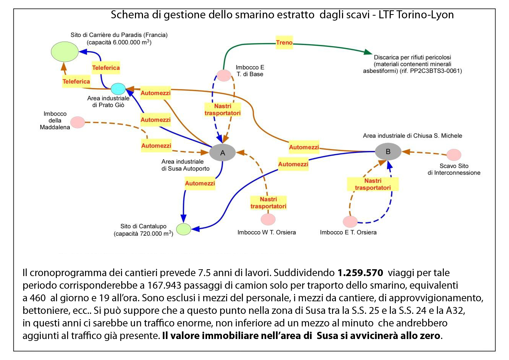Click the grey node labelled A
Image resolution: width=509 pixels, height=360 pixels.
[x=222, y=153]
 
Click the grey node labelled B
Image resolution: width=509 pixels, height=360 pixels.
[x=388, y=152]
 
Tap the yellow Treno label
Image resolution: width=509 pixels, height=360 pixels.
[x=284, y=43]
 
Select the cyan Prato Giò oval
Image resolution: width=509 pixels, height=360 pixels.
[x=118, y=89]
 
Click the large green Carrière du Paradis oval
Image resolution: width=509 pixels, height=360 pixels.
[x=65, y=51]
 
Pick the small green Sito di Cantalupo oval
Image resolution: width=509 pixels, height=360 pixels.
[x=183, y=229]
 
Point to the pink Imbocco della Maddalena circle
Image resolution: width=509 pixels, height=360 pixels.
[x=78, y=122]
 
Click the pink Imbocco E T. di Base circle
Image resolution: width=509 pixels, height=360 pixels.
[x=224, y=76]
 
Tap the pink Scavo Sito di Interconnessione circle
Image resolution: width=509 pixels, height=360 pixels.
[x=454, y=155]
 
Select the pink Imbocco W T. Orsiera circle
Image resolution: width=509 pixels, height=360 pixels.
[x=268, y=220]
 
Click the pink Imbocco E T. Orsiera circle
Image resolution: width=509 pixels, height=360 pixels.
[x=350, y=222]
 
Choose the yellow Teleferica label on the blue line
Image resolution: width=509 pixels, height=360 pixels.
[x=106, y=68]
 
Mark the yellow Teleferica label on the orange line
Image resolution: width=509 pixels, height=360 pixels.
[x=76, y=82]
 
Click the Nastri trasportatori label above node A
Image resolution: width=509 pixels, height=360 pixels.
[x=223, y=110]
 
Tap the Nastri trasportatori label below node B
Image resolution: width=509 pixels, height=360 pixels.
[x=373, y=184]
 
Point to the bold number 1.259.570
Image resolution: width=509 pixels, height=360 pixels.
[x=360, y=273]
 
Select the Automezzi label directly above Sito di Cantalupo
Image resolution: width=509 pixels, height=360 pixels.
[x=200, y=183]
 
